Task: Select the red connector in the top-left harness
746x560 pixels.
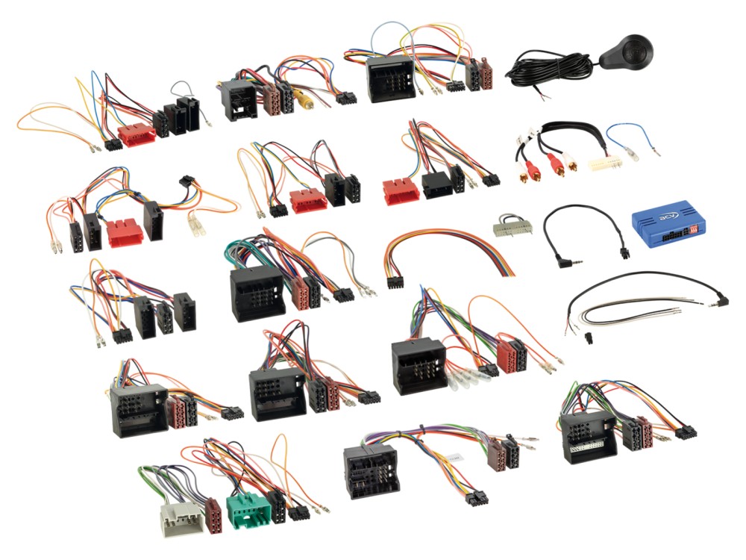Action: pos(137,134)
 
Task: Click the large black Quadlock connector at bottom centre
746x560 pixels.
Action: pos(371,470)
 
